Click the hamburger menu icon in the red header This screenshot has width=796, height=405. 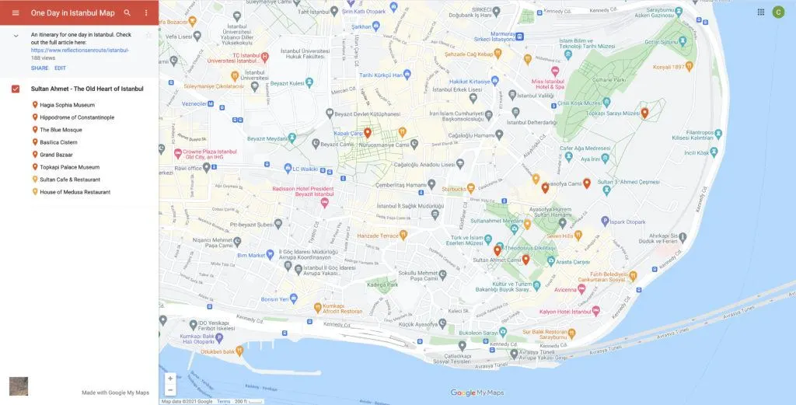point(15,12)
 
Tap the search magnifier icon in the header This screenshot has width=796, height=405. point(127,12)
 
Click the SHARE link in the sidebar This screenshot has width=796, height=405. point(39,68)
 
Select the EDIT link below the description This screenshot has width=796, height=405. point(60,68)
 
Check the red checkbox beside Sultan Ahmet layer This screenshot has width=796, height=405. point(16,89)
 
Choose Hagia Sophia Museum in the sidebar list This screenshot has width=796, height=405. point(67,105)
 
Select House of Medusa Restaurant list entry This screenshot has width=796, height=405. point(75,192)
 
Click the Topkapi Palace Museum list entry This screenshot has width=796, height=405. point(69,167)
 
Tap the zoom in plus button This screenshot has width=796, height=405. point(170,379)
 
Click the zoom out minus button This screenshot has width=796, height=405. point(170,389)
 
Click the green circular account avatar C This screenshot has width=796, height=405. point(778,12)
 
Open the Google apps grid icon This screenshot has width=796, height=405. point(760,12)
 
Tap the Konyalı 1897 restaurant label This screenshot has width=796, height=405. point(673,66)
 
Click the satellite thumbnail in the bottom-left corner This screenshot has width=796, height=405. point(18,386)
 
